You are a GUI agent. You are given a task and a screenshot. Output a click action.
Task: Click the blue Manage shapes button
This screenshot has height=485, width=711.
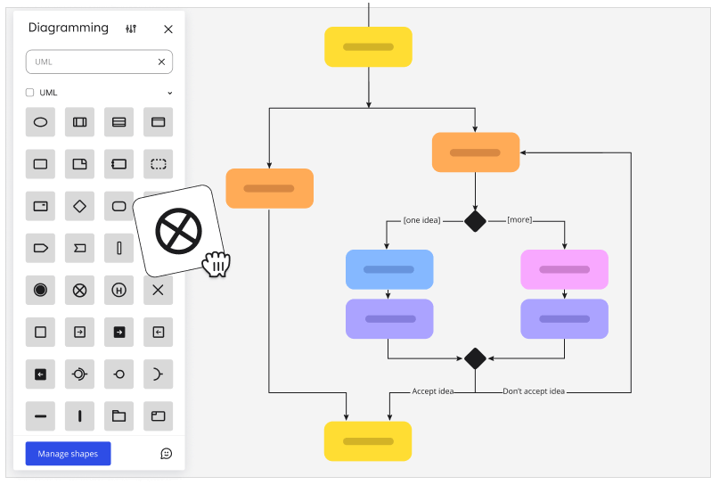click(x=68, y=454)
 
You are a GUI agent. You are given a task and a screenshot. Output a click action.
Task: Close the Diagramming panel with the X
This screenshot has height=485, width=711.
click(x=168, y=29)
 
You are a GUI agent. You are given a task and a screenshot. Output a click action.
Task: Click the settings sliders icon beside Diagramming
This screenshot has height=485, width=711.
click(x=132, y=29)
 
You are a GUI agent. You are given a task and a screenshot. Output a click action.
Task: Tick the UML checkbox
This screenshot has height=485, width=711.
click(x=30, y=93)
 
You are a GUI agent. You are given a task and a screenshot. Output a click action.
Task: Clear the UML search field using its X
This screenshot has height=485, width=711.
click(x=161, y=62)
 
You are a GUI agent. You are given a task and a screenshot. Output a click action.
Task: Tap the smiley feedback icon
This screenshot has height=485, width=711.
click(x=166, y=454)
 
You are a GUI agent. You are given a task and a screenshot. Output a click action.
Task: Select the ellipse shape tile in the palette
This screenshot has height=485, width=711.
click(x=40, y=122)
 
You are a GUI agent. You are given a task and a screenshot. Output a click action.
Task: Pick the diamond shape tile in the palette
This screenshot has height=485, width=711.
click(x=79, y=207)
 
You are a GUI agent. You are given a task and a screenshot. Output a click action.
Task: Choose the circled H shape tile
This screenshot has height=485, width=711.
click(x=118, y=290)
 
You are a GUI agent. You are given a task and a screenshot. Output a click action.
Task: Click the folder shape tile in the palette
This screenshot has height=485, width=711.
click(x=118, y=415)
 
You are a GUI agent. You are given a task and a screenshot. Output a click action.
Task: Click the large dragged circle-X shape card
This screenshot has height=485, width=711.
click(x=177, y=232)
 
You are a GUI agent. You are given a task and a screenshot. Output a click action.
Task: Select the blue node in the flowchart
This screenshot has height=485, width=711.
click(x=389, y=269)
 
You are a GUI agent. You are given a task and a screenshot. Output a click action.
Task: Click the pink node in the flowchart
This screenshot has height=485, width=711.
click(x=564, y=269)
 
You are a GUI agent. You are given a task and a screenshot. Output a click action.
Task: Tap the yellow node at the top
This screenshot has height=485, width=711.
click(x=368, y=46)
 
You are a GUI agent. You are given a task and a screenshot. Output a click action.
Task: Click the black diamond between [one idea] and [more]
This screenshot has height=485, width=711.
click(x=475, y=220)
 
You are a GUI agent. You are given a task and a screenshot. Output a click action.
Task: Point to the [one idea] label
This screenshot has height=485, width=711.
click(x=421, y=220)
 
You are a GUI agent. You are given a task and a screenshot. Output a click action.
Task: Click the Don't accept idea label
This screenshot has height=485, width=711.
click(x=533, y=390)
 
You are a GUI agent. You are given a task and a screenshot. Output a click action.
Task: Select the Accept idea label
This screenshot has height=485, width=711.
click(x=433, y=390)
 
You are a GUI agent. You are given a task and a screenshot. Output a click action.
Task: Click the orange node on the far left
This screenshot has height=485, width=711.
click(x=269, y=188)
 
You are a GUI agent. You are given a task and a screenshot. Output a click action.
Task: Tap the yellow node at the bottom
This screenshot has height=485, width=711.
click(x=368, y=441)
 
